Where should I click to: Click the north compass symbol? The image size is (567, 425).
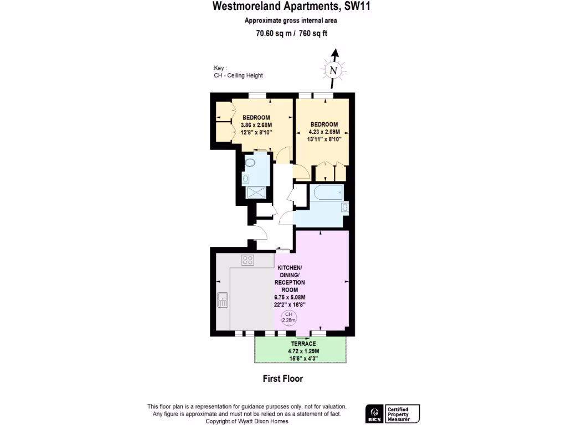coord(333,70)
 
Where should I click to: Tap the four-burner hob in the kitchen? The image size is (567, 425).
coord(248,260)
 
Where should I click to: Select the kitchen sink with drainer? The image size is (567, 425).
coord(223,299)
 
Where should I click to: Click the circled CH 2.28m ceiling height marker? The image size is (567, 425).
coord(287,317)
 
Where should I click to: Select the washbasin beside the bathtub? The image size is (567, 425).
coord(344,208)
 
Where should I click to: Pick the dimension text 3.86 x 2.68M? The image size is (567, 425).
coord(256,125)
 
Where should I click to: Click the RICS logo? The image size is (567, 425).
coord(373,413)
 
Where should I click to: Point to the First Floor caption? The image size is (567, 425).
coord(282,379)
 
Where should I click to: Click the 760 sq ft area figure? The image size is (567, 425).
coord(313,33)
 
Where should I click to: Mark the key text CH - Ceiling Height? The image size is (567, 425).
coord(238,75)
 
